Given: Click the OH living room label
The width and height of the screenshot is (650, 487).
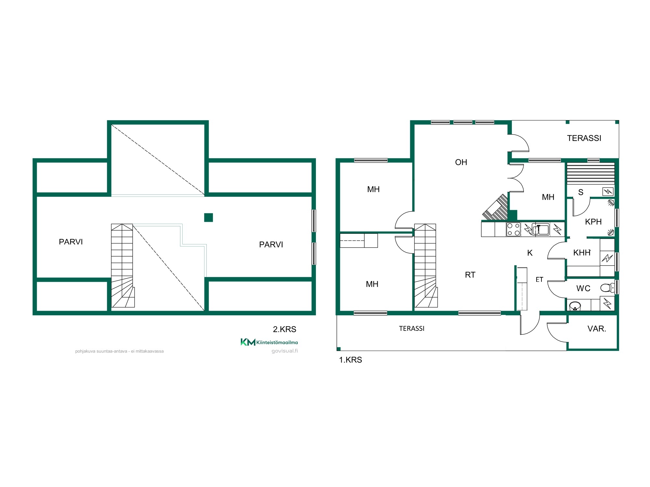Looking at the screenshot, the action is tap(461, 162).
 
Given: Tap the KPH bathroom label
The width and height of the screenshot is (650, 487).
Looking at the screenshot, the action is tap(593, 222).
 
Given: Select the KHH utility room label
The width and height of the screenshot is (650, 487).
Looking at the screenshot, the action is tap(582, 253).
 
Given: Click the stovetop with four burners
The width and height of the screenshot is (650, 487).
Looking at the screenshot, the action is tap(513, 229).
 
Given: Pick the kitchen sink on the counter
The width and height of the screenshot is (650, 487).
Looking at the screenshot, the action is tap(540, 229).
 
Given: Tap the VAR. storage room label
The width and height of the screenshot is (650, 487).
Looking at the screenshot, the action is tap(597, 329).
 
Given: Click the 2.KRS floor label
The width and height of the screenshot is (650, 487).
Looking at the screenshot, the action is tap(284, 329).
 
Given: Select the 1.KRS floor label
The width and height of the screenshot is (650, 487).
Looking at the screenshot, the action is tap(350, 360).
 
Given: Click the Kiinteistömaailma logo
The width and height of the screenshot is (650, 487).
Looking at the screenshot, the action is tap(269, 342).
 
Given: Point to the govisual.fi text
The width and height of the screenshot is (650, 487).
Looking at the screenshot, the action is tap(285, 351).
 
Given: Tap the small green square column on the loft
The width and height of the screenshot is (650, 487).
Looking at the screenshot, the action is tap(208, 218).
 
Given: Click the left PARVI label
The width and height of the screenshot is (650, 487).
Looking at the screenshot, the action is tap(71, 242).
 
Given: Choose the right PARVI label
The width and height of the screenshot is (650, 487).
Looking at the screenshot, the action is tap(271, 244).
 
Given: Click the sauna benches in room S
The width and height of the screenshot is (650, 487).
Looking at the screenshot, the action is tap(591, 174).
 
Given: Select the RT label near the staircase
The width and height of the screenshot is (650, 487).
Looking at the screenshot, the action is tap(470, 275).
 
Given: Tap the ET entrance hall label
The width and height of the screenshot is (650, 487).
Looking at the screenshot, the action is tap(539, 280).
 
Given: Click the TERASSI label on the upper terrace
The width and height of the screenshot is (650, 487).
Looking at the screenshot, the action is tap(584, 138).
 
